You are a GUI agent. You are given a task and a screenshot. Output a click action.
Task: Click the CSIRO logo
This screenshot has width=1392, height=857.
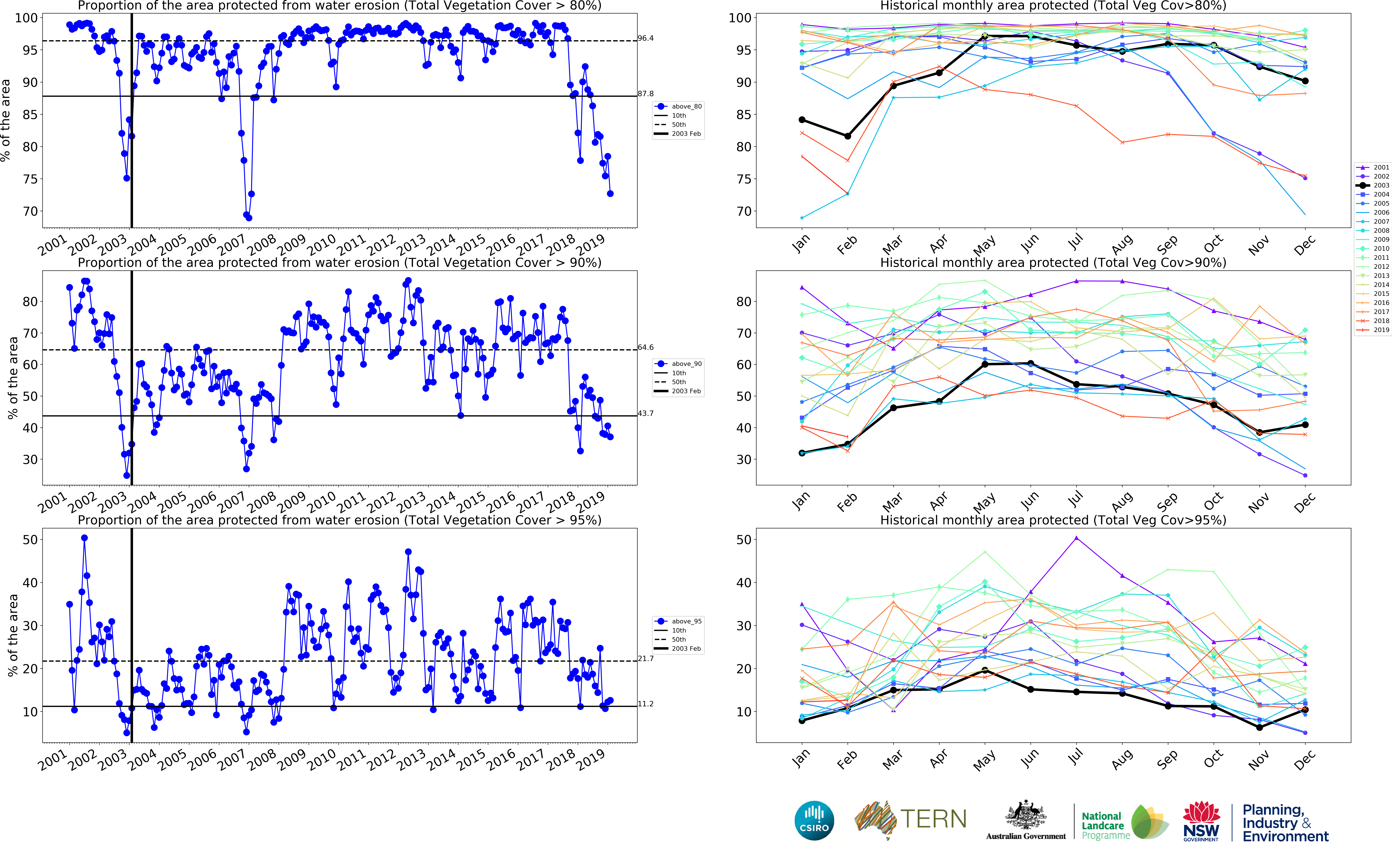(814, 820)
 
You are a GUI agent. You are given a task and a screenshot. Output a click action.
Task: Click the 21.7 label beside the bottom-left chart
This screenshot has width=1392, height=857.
(645, 659)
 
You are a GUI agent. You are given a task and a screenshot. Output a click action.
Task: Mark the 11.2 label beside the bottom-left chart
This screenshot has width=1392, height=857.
(645, 704)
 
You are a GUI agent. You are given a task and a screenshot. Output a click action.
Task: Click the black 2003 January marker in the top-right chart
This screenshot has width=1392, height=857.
(802, 120)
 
